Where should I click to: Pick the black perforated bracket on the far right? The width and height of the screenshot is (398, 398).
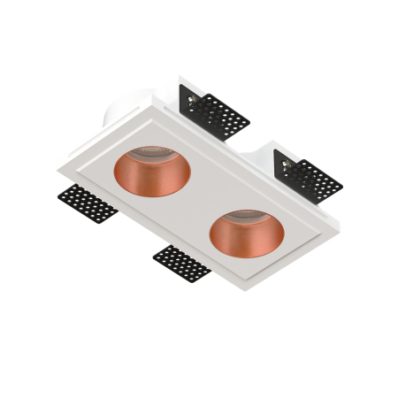310,178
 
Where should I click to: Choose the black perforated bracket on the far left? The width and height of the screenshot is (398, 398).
88,205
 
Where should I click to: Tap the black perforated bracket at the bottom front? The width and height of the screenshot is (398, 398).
181,264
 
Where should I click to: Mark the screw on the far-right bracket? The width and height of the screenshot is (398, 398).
287,165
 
